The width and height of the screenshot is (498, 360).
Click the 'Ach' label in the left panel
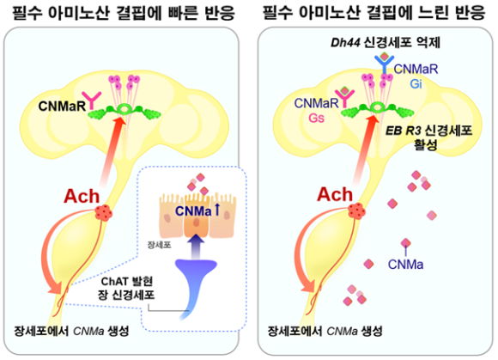click(82, 197)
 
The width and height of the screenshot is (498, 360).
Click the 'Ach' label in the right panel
click(335, 194)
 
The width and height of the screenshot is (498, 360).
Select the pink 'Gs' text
click(316, 119)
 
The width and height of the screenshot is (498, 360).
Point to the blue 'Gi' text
click(416, 84)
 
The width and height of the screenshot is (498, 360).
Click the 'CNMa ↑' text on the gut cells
click(197, 211)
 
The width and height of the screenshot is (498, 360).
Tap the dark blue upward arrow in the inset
click(197, 246)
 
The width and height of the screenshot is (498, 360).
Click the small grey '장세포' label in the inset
click(159, 245)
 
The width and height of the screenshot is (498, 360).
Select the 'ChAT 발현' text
click(127, 282)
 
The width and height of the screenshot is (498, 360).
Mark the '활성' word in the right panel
click(426, 145)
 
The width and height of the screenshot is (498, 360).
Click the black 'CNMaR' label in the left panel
click(62, 107)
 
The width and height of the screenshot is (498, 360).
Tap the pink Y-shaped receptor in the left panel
click(92, 101)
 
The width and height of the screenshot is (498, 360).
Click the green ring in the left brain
click(125, 109)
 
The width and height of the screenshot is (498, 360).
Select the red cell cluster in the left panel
click(104, 212)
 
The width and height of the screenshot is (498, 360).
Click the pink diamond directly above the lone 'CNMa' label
click(406, 243)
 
